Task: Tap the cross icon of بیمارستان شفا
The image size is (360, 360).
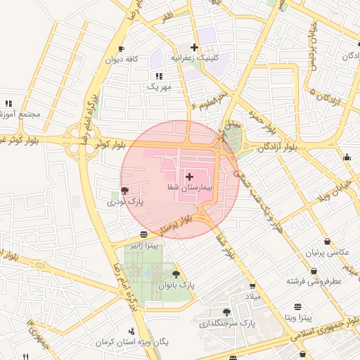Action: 190,174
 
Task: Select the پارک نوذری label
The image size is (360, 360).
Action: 125,202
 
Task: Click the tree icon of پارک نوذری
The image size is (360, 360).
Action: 125,190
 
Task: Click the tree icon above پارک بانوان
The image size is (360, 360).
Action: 176,274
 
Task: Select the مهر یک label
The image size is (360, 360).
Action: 158,86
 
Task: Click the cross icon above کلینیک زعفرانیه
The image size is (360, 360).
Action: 194,48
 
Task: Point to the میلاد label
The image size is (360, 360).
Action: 252,298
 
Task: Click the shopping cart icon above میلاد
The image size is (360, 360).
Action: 252,286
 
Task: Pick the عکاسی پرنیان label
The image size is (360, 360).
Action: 323,252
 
